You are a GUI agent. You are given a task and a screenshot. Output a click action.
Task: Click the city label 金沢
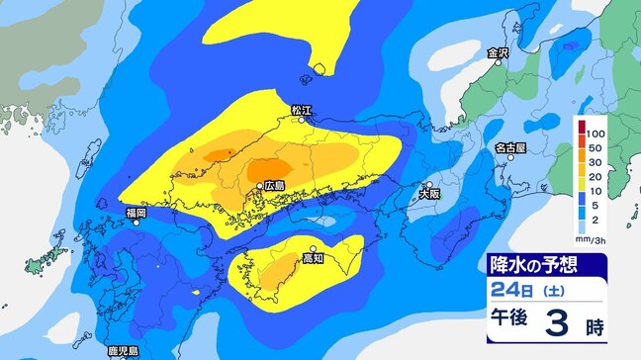point(497,53)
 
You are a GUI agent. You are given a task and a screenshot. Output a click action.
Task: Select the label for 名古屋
point(510,147)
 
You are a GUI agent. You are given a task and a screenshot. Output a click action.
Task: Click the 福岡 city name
point(136,213)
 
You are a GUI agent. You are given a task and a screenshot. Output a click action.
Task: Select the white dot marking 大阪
point(428,185)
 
